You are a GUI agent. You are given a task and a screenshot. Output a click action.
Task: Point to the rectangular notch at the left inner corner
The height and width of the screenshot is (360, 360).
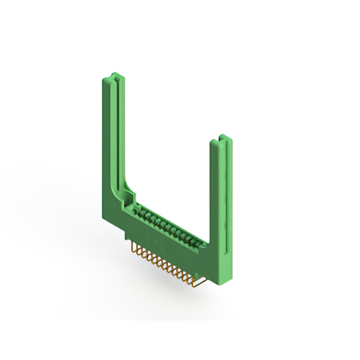(130, 197)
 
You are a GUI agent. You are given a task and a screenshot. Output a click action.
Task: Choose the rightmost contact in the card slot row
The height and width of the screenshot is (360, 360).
(199, 243)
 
